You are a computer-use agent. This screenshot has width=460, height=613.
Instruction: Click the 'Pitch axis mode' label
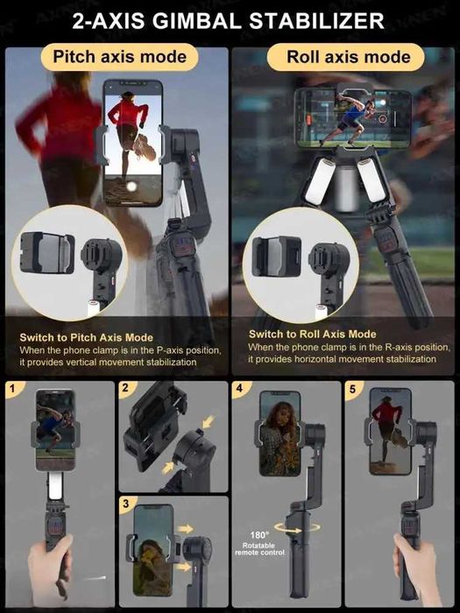[120, 57]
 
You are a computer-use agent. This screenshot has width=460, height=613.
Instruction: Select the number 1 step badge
[13, 388]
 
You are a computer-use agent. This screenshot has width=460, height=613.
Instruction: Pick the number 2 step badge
[125, 388]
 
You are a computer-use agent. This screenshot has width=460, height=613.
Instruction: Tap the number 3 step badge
[125, 504]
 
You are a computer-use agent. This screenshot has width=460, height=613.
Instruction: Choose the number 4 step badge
[239, 388]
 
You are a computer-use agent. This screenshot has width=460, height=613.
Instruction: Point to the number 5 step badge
[352, 389]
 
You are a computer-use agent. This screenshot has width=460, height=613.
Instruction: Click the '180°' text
[259, 535]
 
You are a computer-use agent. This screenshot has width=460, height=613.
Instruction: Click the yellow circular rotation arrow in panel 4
[297, 528]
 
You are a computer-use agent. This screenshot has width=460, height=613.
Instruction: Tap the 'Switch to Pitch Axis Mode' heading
[87, 337]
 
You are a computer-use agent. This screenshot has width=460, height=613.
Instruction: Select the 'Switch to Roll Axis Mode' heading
[313, 335]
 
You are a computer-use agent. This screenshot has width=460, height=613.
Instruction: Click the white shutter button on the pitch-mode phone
[131, 187]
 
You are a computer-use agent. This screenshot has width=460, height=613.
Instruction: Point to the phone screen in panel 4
[280, 433]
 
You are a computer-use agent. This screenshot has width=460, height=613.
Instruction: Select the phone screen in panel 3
[153, 550]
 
